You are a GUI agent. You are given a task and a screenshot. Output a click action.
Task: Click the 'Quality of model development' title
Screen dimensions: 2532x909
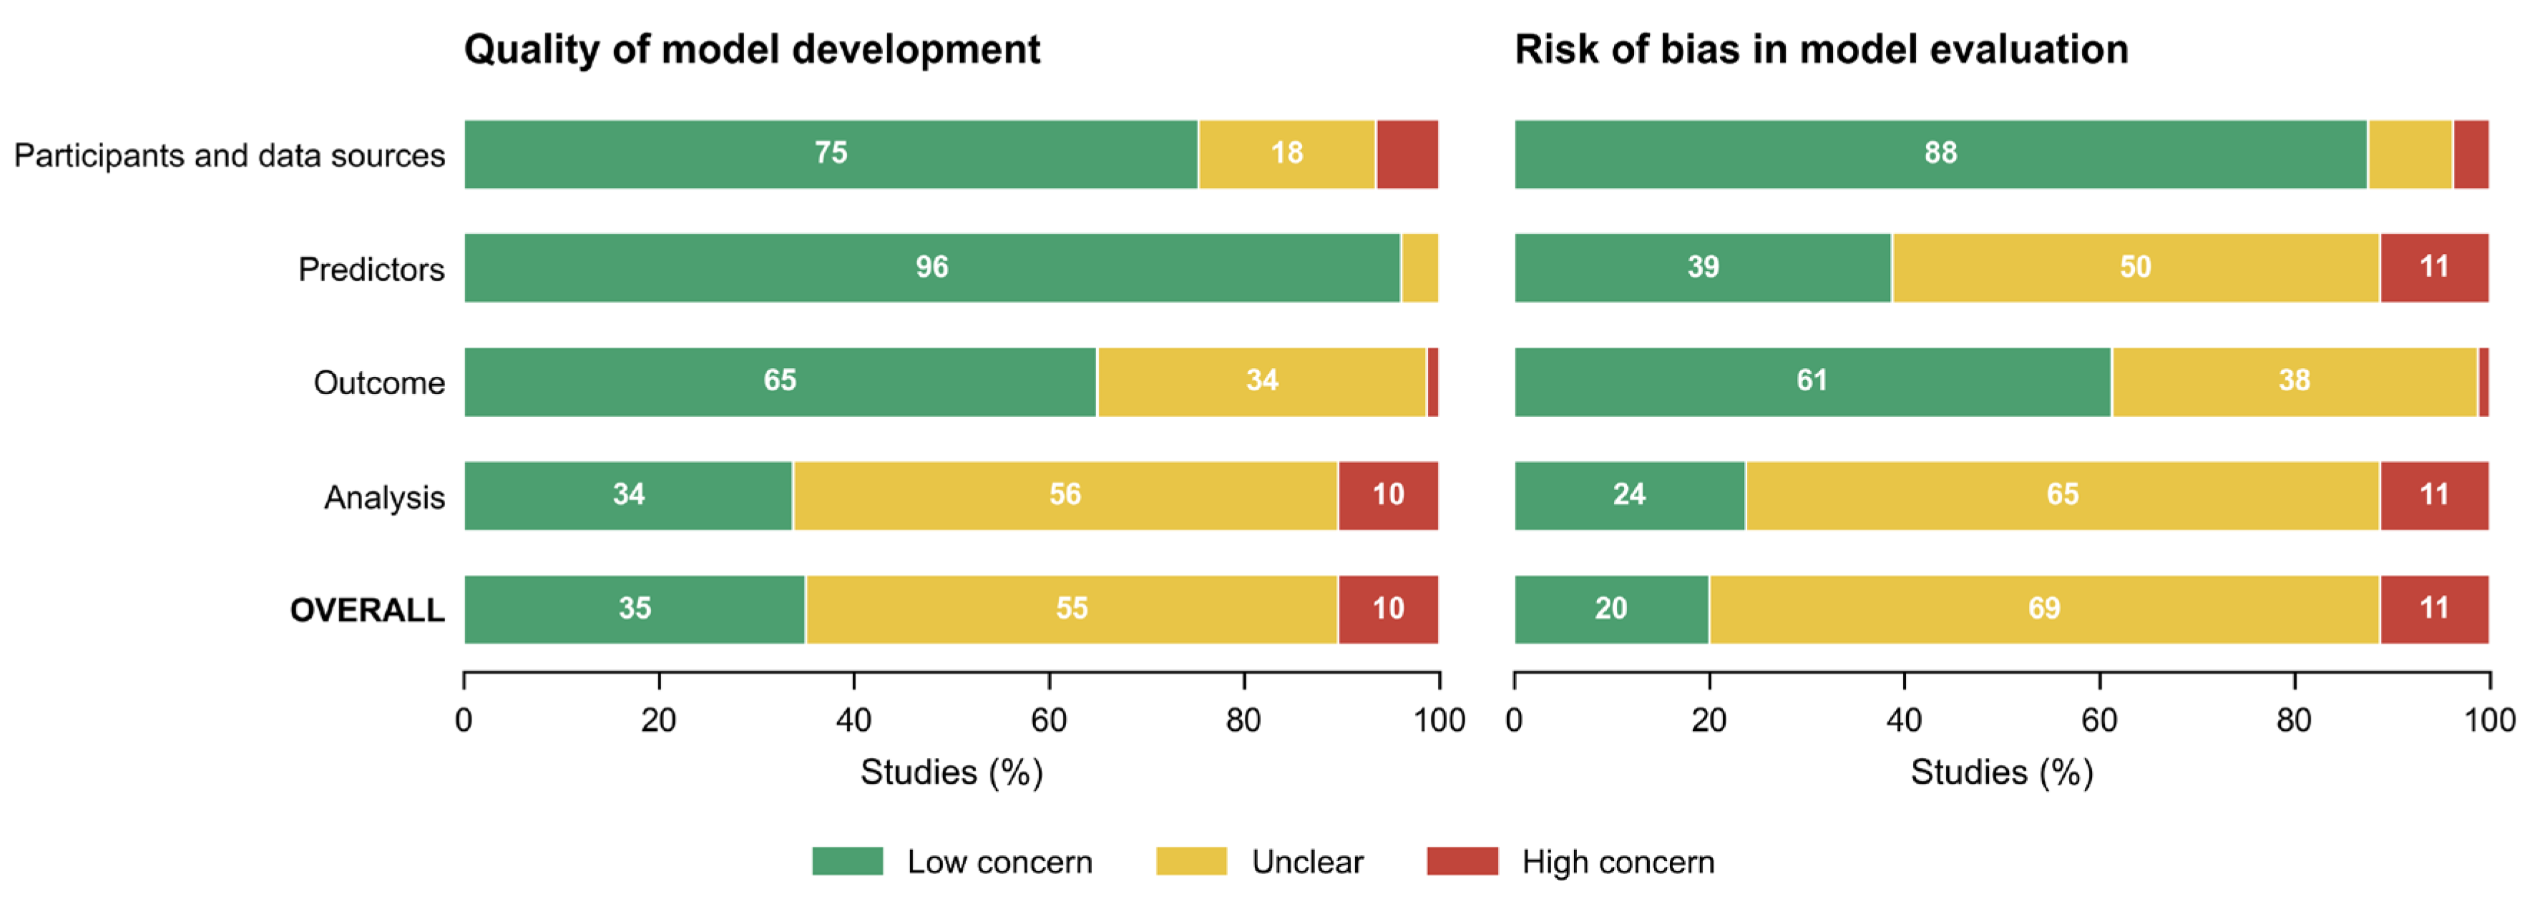(x=752, y=49)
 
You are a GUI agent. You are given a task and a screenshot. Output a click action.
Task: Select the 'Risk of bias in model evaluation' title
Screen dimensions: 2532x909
(x=1822, y=49)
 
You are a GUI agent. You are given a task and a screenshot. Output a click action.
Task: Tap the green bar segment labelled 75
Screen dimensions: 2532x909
(x=831, y=154)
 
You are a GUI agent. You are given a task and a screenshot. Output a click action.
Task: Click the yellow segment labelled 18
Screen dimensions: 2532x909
(x=1286, y=154)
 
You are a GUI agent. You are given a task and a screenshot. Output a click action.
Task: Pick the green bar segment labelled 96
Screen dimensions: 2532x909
(x=932, y=267)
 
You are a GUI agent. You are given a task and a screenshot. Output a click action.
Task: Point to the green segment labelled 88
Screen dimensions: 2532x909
(x=1940, y=154)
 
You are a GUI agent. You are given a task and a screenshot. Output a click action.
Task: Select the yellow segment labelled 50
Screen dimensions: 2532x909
(x=2135, y=267)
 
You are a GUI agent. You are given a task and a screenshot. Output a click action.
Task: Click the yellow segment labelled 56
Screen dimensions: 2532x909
(x=1065, y=496)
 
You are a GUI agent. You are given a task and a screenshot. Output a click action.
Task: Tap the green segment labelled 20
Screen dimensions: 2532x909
(x=1611, y=609)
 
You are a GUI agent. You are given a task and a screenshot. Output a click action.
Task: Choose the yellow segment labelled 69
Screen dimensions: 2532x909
(x=2045, y=609)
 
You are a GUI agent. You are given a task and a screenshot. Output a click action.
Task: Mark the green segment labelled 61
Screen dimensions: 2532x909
(x=1812, y=381)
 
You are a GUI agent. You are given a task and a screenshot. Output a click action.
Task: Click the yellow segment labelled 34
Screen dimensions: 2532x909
(x=1262, y=381)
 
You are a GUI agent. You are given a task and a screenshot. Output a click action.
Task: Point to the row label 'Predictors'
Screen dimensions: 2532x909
(x=371, y=269)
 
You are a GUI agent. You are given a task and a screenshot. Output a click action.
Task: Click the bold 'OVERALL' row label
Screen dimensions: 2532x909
(x=368, y=610)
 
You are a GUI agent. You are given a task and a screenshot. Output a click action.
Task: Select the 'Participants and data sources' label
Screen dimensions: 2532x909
(x=229, y=155)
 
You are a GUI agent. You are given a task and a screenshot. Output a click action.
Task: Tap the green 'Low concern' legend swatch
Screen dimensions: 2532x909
(x=847, y=861)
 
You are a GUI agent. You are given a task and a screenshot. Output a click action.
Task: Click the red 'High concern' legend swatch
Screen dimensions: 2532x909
(x=1462, y=861)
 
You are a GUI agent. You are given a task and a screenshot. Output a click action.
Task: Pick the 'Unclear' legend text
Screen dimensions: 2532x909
(x=1307, y=862)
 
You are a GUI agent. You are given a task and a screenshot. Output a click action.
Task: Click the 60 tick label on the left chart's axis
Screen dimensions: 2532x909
(x=1049, y=720)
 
